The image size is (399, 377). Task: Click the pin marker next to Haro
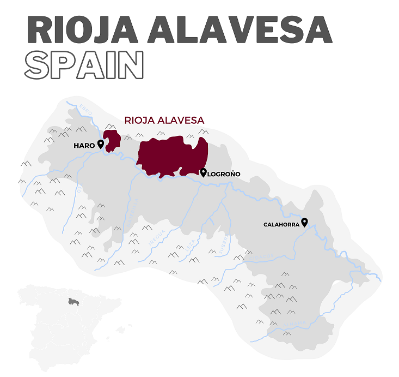(x=101, y=144)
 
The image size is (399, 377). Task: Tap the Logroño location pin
(x=203, y=173)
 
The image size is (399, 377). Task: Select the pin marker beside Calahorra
(x=304, y=222)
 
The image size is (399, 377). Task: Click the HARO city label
(x=84, y=146)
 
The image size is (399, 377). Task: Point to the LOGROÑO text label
(x=224, y=175)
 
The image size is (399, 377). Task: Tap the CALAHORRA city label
(x=281, y=224)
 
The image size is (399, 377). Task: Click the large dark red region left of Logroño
(x=171, y=155)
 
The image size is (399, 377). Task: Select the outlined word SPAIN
(x=84, y=65)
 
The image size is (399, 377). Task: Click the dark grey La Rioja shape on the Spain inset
(x=74, y=301)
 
